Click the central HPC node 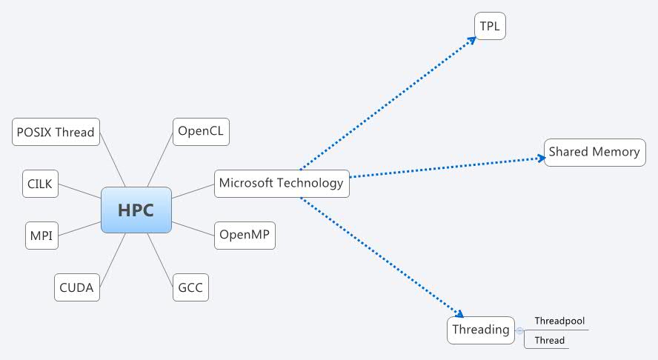(x=136, y=210)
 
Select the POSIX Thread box (x=56, y=132)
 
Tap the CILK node (x=40, y=184)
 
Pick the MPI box (x=41, y=236)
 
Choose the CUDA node (x=77, y=287)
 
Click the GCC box (x=190, y=287)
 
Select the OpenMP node (x=245, y=236)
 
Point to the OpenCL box (x=201, y=132)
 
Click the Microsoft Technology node (x=282, y=183)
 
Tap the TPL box (x=490, y=26)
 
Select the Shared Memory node (x=594, y=152)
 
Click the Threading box (x=481, y=330)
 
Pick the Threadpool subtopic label (x=559, y=321)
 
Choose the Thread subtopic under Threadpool (x=549, y=341)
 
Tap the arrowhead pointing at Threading (x=459, y=314)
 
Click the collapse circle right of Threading (x=519, y=330)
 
